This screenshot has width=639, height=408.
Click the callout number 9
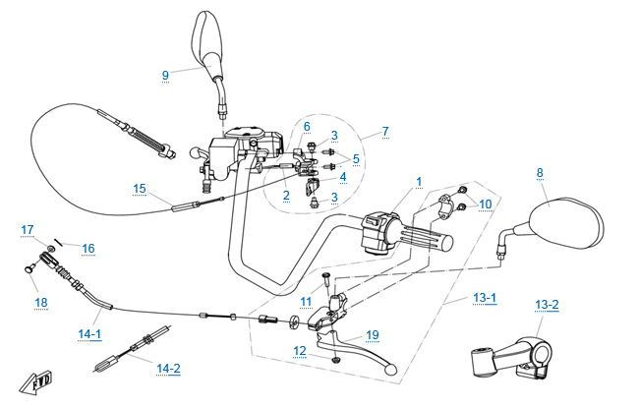pos(165,74)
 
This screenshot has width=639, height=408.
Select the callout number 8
pos(540,173)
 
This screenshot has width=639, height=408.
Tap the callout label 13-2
pos(547,303)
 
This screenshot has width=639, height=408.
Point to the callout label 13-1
pos(486,298)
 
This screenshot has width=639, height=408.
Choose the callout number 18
pos(40,303)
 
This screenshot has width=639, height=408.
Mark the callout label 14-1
pos(89,334)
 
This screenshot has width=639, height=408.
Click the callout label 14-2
pos(169,369)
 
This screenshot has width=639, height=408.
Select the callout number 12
pos(300,350)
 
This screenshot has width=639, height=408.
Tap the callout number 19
pos(372,334)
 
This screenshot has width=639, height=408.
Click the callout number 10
pos(486,204)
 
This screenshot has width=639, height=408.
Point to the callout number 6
pos(307,127)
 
